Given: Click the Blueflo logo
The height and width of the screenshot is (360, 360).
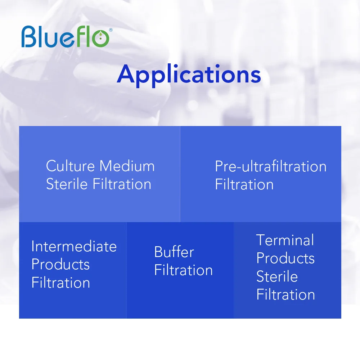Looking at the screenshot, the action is (67, 36).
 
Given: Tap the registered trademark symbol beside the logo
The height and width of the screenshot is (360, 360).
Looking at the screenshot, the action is (111, 30).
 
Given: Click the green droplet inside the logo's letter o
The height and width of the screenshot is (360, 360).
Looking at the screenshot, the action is (100, 36).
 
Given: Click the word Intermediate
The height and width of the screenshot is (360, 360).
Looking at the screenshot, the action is (74, 246).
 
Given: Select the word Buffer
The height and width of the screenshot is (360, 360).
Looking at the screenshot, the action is (174, 252).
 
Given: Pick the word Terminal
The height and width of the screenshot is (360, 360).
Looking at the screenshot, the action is (285, 240).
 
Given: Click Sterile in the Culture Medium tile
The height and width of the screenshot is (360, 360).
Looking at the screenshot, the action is (67, 184).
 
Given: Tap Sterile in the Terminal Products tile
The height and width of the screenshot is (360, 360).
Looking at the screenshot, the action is (277, 276).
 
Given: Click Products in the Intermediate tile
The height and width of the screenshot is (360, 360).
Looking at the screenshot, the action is (60, 264).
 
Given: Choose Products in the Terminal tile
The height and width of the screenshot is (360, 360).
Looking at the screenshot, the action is (285, 258).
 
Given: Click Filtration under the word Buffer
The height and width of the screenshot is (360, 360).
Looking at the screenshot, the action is (184, 270).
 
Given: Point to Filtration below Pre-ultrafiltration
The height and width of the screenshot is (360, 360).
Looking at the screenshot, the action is (244, 184).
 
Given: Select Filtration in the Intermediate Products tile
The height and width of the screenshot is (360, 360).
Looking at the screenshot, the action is (60, 282).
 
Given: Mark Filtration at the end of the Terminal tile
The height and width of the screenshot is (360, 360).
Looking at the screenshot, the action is (285, 294).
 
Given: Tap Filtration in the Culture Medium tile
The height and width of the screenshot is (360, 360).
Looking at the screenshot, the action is (122, 184).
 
